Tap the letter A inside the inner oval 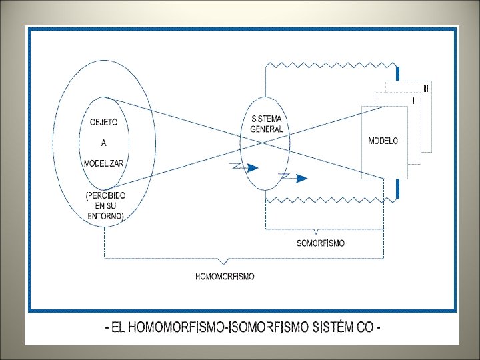click(x=103, y=142)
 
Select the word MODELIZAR click(x=103, y=163)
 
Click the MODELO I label click(x=385, y=141)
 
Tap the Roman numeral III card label click(x=426, y=88)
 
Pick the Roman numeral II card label click(x=414, y=101)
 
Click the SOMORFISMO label click(x=321, y=243)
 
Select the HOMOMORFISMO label click(x=225, y=275)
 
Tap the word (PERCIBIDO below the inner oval click(x=105, y=195)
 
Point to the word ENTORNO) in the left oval click(x=105, y=216)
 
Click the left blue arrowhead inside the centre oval click(x=252, y=168)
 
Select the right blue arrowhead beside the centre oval click(x=302, y=178)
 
